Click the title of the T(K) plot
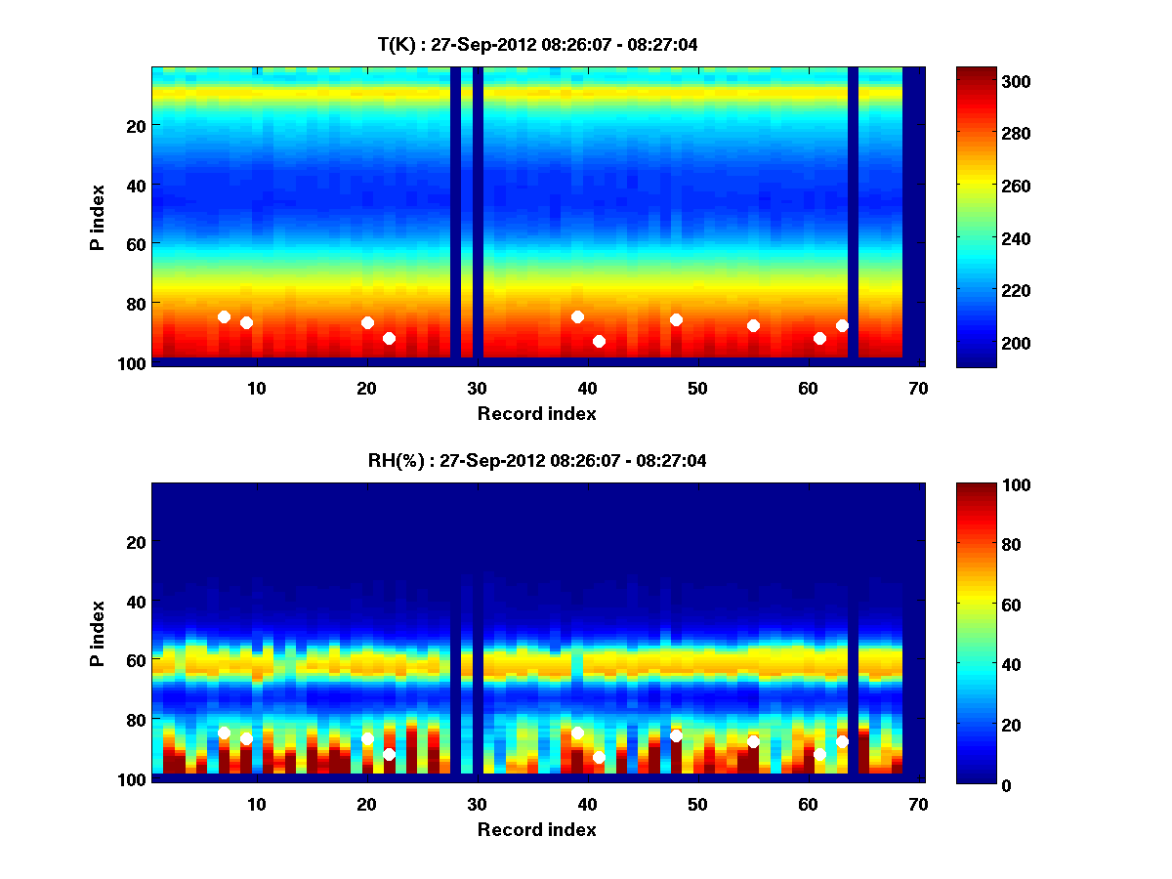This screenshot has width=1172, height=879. [537, 44]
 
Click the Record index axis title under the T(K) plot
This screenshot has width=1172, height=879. [537, 413]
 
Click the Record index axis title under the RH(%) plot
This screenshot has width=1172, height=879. [537, 829]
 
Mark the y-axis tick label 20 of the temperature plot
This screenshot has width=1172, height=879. [135, 125]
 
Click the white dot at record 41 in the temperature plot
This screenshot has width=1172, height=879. [599, 341]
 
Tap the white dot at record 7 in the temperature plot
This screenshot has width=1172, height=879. [224, 316]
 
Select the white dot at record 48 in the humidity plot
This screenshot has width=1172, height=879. [676, 735]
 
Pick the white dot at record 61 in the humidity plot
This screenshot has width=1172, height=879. [819, 754]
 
